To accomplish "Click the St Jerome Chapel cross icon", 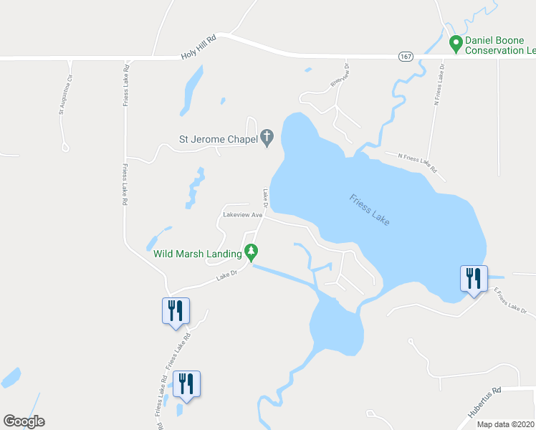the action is click(x=267, y=137).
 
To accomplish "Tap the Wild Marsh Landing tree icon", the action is click(x=251, y=252).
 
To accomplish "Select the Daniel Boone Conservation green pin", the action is click(x=454, y=44).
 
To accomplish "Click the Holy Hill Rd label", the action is click(x=198, y=48).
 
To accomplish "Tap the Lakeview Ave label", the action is click(x=244, y=214).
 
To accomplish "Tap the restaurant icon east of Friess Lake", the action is click(x=474, y=278).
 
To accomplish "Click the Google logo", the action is click(x=24, y=421).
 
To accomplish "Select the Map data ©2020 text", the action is click(x=505, y=424).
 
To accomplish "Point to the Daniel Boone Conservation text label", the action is click(x=500, y=44).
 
